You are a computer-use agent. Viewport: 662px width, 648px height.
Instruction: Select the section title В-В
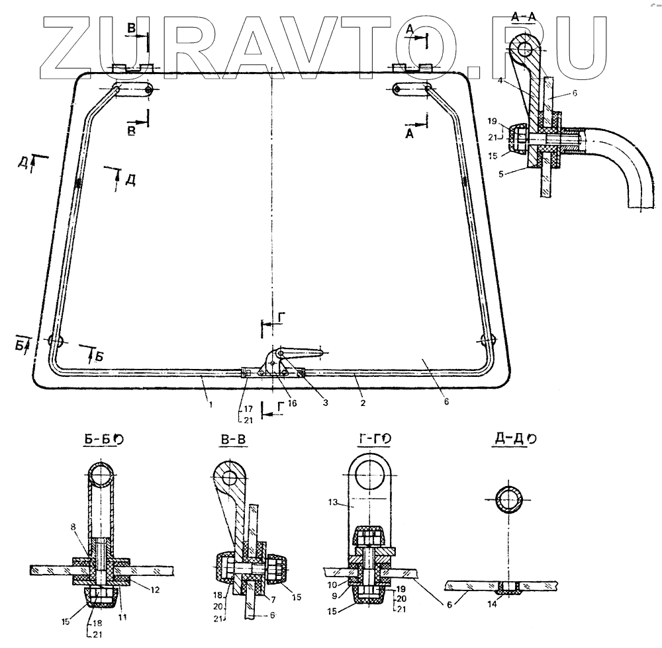233,439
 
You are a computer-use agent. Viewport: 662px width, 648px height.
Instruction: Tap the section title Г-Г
367,439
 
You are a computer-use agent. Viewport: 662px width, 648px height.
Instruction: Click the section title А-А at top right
523,17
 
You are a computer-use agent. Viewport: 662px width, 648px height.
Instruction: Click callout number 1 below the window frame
211,405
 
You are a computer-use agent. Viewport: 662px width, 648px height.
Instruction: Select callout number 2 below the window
363,403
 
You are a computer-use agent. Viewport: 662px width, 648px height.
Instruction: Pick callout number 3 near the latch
325,403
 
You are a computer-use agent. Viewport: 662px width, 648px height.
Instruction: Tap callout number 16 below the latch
292,403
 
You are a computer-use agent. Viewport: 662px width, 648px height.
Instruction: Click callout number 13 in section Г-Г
333,502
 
